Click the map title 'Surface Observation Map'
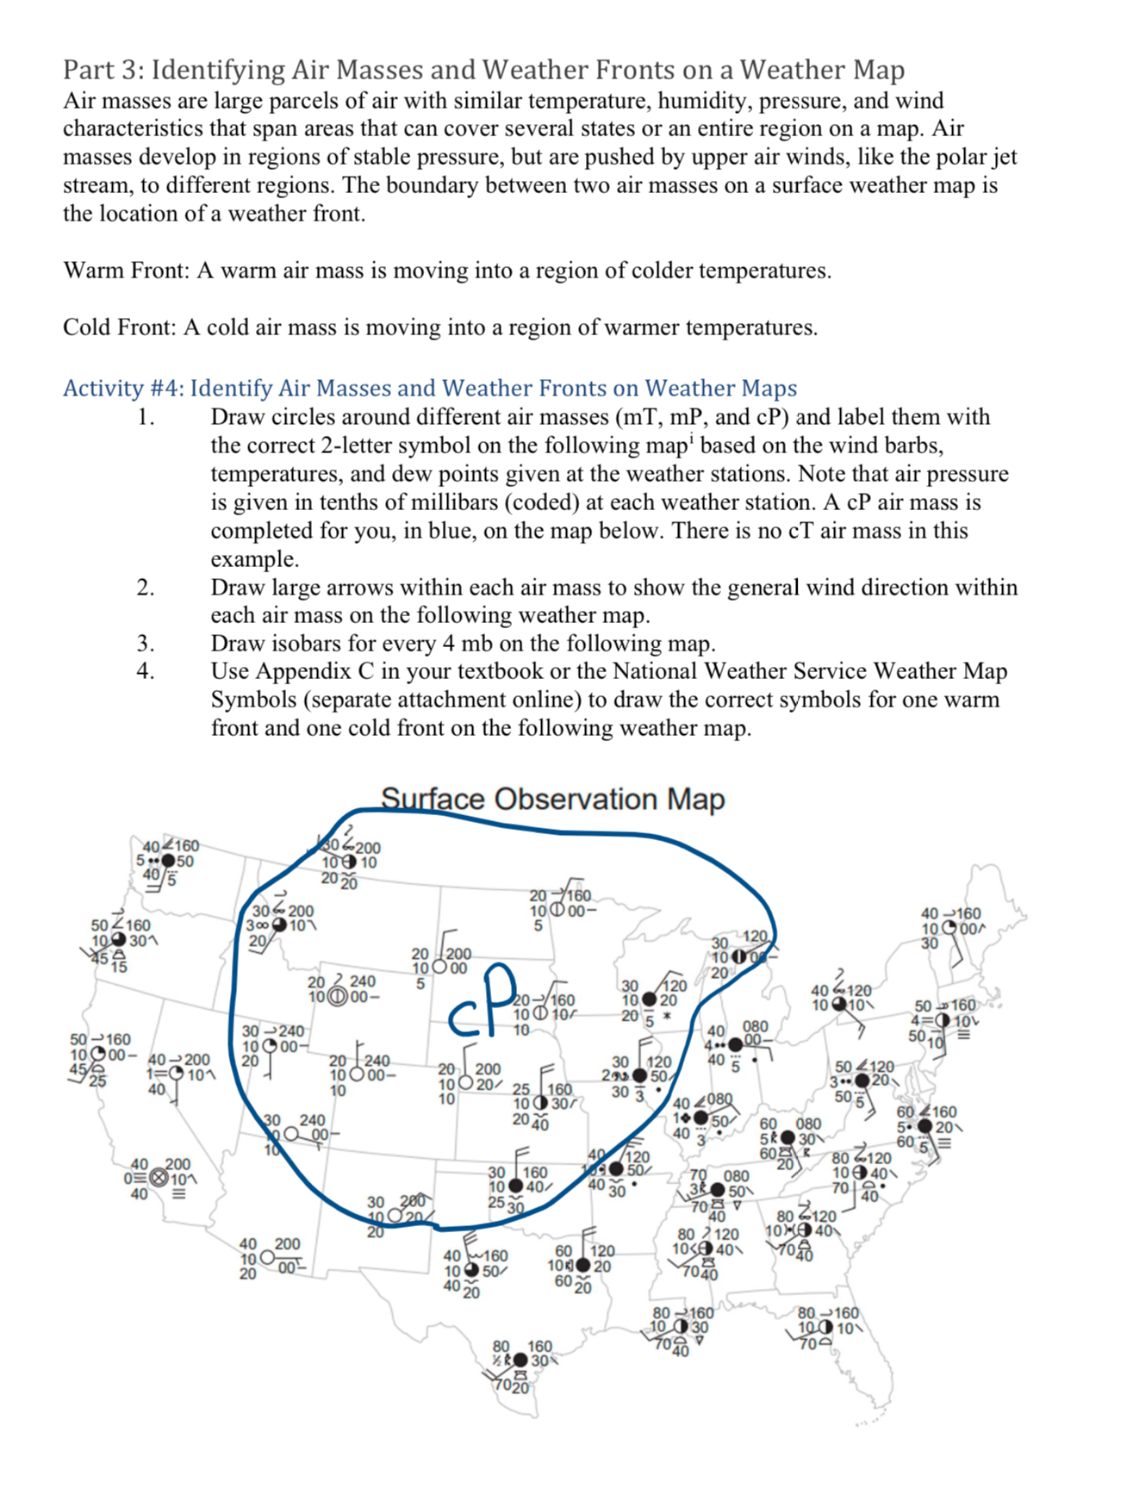point(552,799)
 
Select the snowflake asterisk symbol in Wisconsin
point(667,1018)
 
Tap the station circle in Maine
point(947,929)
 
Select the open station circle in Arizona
point(268,1259)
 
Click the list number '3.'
point(146,644)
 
